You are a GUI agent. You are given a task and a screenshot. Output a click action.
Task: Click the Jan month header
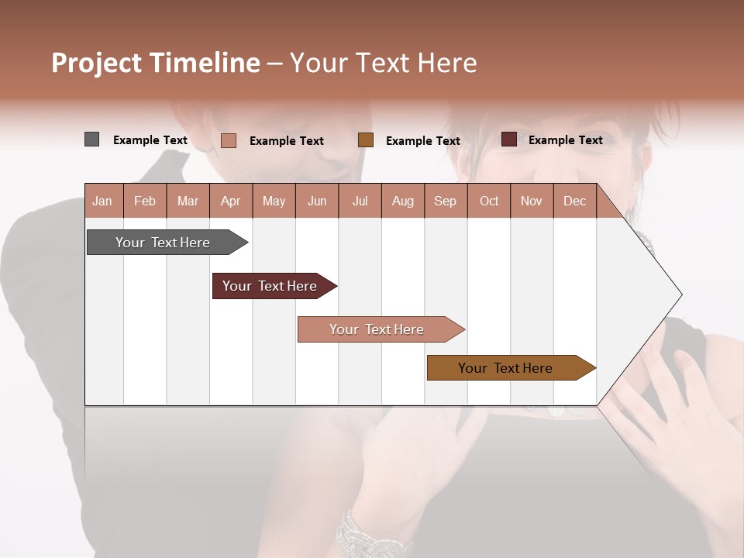[x=102, y=201]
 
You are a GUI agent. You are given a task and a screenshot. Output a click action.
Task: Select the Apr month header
[x=230, y=201]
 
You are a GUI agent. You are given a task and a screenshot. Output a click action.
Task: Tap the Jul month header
[x=360, y=201]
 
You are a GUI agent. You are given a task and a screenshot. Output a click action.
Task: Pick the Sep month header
[x=445, y=201]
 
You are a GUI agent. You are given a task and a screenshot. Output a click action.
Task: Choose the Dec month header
[x=574, y=201]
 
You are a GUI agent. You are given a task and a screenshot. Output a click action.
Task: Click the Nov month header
[x=531, y=201]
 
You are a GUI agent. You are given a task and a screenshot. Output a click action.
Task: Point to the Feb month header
[x=145, y=201]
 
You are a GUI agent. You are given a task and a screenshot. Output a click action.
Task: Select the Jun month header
[x=317, y=201]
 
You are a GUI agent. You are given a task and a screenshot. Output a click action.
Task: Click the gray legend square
[x=91, y=139]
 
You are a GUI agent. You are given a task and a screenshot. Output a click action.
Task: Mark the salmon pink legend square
[x=228, y=140]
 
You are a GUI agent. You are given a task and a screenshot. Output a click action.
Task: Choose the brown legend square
[x=366, y=139]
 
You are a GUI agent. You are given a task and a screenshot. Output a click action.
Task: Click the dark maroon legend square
[x=508, y=139]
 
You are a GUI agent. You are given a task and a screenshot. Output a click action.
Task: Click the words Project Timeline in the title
[x=155, y=63]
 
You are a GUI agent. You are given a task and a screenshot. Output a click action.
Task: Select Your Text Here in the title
[x=383, y=63]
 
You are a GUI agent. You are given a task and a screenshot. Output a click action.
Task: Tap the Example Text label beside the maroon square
[x=565, y=140]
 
